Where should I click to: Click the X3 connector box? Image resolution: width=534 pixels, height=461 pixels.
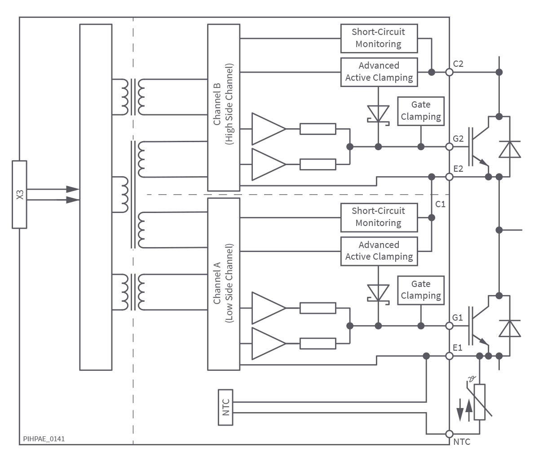[x=19, y=195]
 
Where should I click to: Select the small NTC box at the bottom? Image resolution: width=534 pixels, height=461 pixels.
[x=225, y=407]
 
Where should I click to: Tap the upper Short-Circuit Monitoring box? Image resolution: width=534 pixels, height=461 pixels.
[x=379, y=39]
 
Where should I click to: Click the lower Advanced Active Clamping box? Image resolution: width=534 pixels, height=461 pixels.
[x=379, y=251]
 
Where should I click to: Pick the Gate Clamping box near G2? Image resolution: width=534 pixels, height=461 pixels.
[x=421, y=111]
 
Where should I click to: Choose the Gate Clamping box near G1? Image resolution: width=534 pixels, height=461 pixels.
[x=421, y=290]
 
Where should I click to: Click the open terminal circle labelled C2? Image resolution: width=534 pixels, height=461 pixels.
[x=450, y=72]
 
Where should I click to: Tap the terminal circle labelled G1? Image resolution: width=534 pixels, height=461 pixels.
[x=450, y=326]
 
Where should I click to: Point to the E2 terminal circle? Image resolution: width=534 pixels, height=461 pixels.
[x=450, y=177]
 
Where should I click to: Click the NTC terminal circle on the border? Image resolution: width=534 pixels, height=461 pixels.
[x=450, y=434]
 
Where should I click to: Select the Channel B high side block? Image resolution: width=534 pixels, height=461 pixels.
[x=224, y=108]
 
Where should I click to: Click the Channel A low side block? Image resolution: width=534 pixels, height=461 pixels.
[x=224, y=284]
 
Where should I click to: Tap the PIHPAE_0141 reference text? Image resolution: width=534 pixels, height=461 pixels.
[x=44, y=439]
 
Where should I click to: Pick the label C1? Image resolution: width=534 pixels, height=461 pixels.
[x=440, y=204]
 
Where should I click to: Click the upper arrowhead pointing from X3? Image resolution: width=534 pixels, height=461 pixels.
[x=73, y=189]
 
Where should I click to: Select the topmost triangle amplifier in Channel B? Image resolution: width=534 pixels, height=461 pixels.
[x=269, y=129]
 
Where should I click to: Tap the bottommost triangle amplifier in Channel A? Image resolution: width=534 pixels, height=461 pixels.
[x=269, y=344]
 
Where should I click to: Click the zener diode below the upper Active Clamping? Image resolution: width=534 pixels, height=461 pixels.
[x=378, y=114]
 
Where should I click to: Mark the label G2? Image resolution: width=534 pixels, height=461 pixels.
[x=458, y=139]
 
